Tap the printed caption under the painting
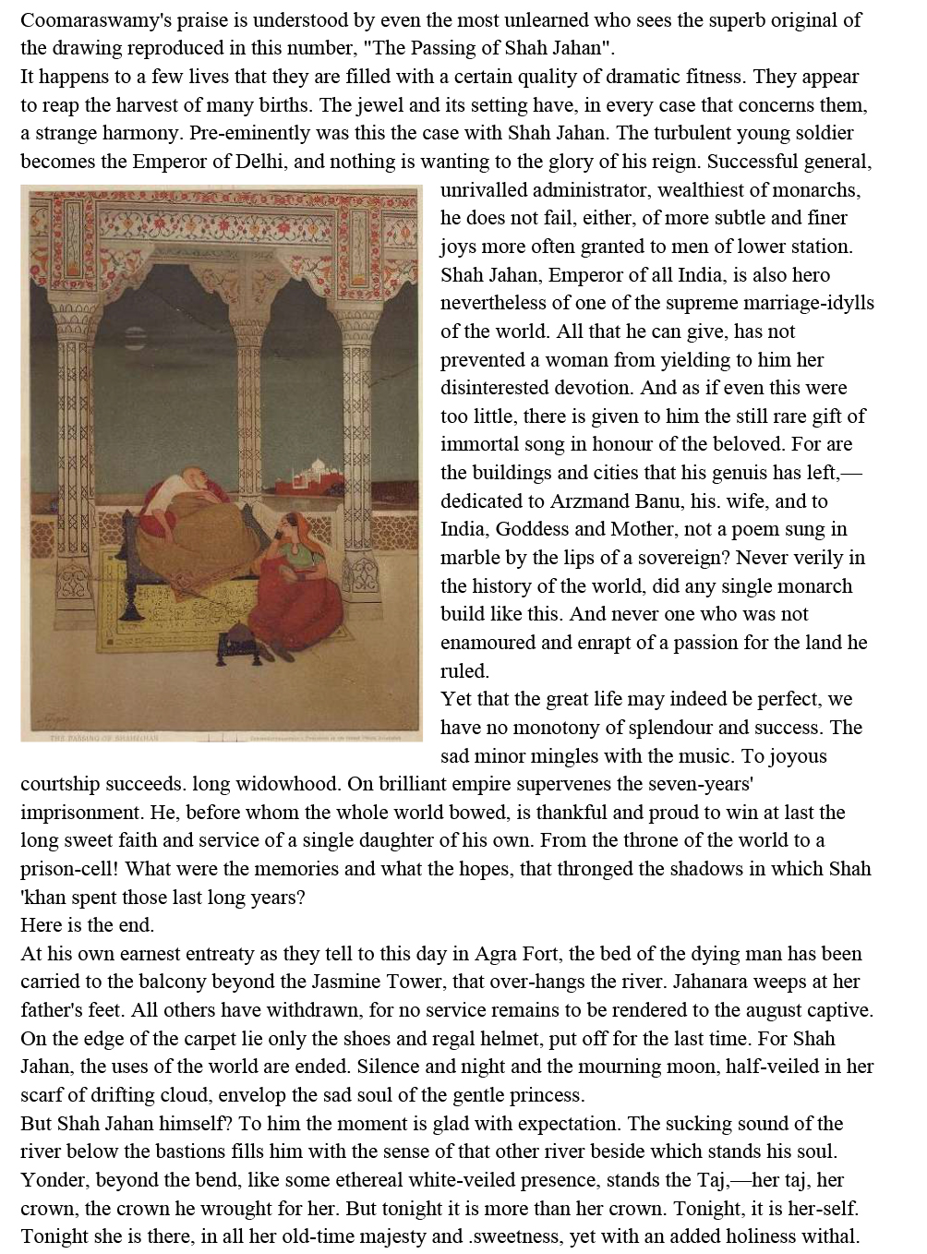pyautogui.click(x=104, y=738)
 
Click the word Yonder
pyautogui.click(x=54, y=1180)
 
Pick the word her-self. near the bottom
pyautogui.click(x=826, y=1209)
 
